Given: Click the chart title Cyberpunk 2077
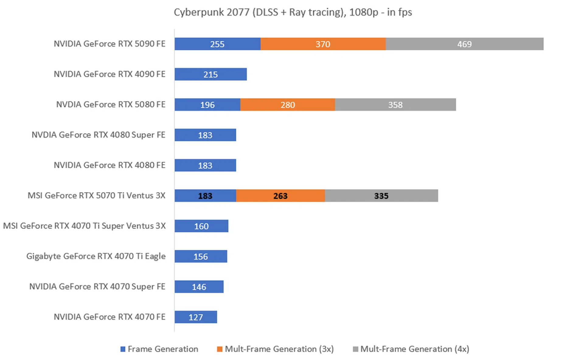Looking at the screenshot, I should [x=293, y=12].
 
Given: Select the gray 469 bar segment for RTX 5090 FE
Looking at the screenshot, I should [x=464, y=44].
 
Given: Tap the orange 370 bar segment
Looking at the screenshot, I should [x=323, y=44].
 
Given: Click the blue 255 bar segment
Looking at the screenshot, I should [x=217, y=44].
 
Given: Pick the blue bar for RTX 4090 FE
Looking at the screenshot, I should [x=210, y=74].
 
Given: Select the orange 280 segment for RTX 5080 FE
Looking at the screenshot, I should [x=287, y=105].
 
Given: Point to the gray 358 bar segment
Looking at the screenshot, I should [x=395, y=105].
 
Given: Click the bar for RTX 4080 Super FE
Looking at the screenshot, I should [x=205, y=135].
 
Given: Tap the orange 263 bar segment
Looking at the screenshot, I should [x=280, y=196].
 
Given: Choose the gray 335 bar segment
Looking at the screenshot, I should [x=381, y=196].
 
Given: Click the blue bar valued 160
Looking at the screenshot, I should [x=201, y=226].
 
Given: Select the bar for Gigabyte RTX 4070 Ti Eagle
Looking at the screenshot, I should [x=200, y=256].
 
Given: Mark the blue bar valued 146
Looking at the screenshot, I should [x=199, y=287].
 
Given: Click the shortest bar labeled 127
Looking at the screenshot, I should [x=196, y=317].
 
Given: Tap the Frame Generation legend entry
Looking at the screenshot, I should [x=159, y=349].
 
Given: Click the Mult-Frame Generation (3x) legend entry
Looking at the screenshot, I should [x=275, y=349].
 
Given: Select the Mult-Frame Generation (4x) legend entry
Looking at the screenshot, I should [x=411, y=349].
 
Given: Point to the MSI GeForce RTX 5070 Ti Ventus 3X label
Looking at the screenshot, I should [x=96, y=196].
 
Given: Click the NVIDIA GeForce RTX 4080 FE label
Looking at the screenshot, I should [x=109, y=165].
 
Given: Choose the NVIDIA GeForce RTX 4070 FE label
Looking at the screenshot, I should [x=109, y=317].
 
